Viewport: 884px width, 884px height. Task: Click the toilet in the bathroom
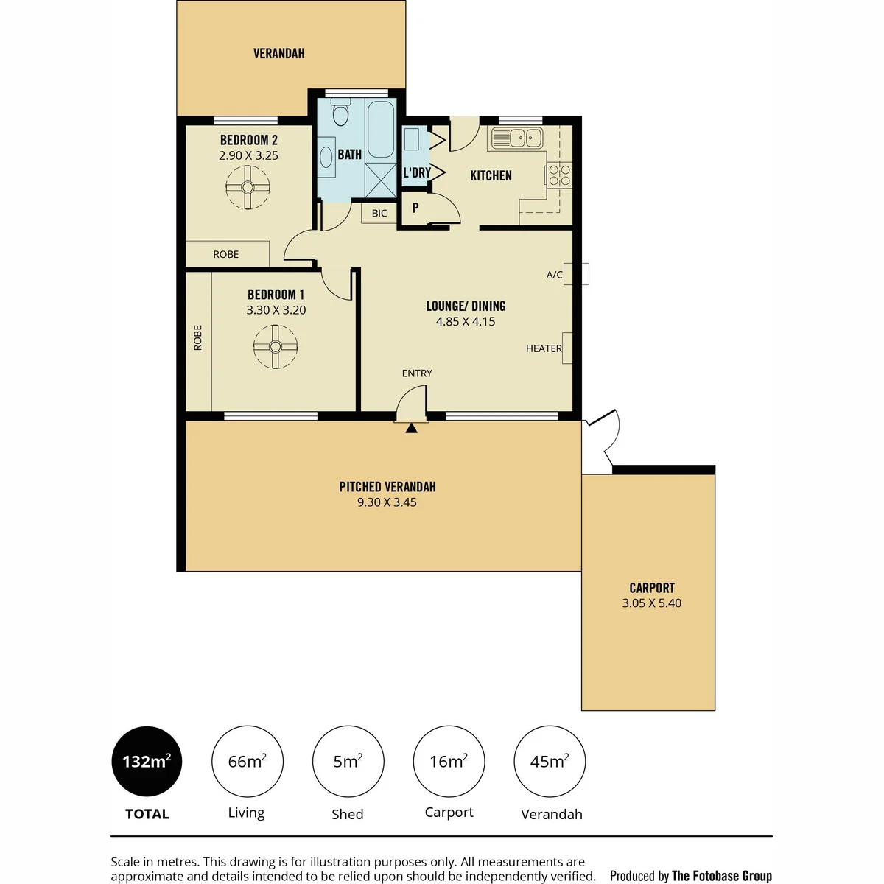click(x=340, y=112)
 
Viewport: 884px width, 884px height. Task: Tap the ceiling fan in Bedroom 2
click(x=248, y=188)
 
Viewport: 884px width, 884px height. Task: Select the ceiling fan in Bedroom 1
click(x=276, y=346)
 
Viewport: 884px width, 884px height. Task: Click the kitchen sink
click(x=517, y=138)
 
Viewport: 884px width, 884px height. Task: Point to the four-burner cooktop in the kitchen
click(x=559, y=175)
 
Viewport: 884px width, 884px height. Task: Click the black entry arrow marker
click(x=412, y=428)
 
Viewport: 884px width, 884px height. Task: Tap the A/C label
click(x=554, y=275)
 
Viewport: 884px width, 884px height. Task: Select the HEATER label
click(x=544, y=348)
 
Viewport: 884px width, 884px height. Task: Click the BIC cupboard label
click(x=379, y=214)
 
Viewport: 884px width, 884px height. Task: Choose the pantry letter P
click(x=415, y=208)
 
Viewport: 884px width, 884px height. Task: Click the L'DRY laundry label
click(x=417, y=172)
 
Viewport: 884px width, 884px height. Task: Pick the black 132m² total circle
click(x=147, y=761)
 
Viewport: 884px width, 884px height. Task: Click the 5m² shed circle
click(x=348, y=761)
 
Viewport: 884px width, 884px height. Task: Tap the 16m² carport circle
click(x=449, y=761)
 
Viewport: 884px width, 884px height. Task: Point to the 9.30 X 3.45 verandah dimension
click(x=387, y=502)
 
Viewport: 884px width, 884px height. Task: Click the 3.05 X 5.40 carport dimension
click(x=652, y=603)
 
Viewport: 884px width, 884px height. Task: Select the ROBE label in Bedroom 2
click(x=226, y=255)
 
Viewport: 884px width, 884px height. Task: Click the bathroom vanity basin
click(x=326, y=158)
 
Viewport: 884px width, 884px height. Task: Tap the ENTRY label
click(x=417, y=373)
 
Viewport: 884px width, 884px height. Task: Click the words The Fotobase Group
click(x=722, y=876)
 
